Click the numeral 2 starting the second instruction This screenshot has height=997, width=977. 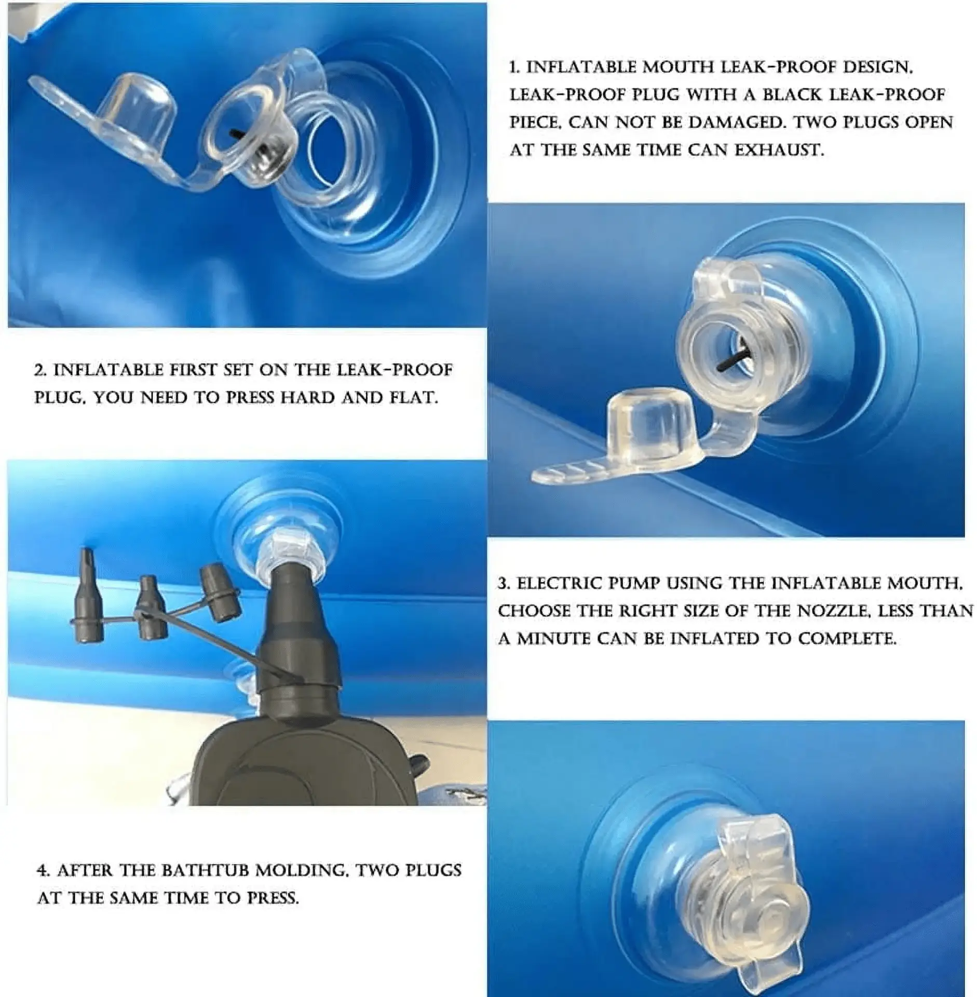(x=39, y=370)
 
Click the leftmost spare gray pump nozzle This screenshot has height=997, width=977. (x=88, y=597)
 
